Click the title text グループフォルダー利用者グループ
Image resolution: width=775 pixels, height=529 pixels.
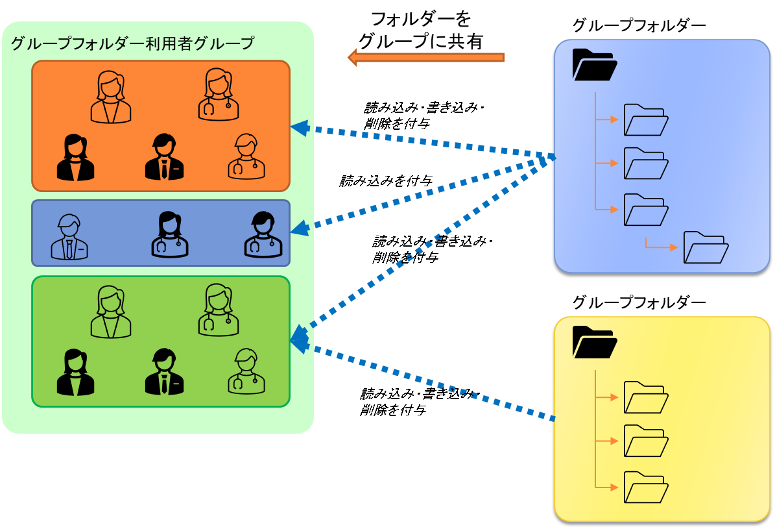point(132,44)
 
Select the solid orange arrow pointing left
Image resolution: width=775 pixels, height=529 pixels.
point(426,57)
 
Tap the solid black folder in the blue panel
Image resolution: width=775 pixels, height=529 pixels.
point(594,65)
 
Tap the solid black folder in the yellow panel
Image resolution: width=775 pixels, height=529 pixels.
point(594,342)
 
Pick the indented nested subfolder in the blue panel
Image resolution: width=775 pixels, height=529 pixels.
point(706,247)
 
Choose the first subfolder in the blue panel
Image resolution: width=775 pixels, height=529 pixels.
point(646,120)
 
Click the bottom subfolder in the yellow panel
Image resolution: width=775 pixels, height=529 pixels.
point(646,487)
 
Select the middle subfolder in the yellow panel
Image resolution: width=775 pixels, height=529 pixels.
point(646,441)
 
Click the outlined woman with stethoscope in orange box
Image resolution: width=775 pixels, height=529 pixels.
point(218,95)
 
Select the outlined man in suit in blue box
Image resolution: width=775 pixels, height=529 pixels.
point(69,237)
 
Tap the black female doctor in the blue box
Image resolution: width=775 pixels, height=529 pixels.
point(170,234)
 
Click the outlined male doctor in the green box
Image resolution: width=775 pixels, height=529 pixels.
point(246,371)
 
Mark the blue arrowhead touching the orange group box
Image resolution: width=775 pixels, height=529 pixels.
point(299,128)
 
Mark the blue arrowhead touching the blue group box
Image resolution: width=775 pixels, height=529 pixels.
point(299,228)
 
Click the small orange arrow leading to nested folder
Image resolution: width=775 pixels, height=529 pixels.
point(661,246)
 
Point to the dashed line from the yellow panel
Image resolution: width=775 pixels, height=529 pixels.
point(428,380)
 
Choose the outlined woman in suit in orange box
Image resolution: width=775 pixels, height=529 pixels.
point(111,97)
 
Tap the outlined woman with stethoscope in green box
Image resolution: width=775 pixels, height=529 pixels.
point(218,310)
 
